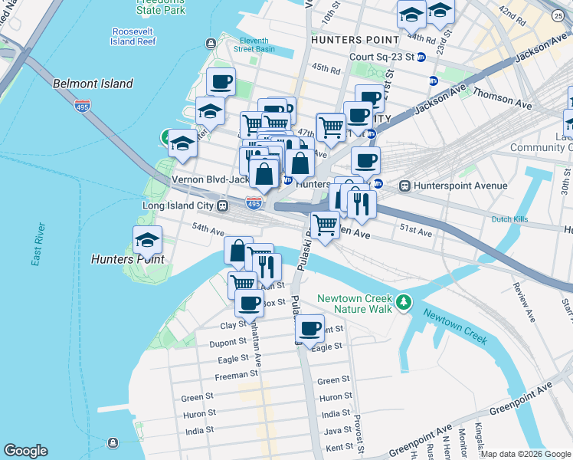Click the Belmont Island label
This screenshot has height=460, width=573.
(x=93, y=84)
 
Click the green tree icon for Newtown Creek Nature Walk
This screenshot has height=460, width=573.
(x=404, y=304)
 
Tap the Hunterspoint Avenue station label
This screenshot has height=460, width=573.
(x=460, y=186)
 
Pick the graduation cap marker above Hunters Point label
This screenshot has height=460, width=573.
(x=147, y=241)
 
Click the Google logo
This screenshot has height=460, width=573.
(x=25, y=451)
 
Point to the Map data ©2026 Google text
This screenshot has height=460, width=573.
(x=525, y=454)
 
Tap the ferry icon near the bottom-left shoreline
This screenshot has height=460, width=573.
(x=113, y=443)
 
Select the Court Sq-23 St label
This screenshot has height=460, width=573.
(x=381, y=57)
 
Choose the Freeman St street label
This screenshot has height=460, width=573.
(x=237, y=375)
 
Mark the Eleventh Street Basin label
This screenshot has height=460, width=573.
(x=254, y=44)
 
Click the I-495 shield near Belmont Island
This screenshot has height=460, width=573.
(x=82, y=105)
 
